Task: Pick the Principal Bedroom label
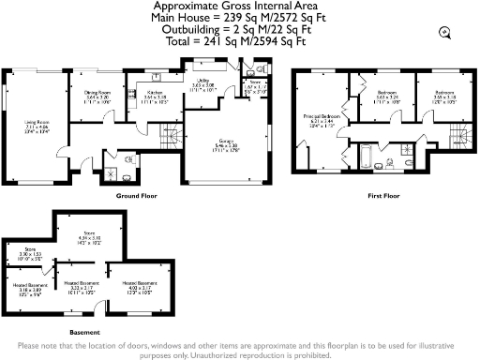tap(322, 118)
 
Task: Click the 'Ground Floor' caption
tap(136, 197)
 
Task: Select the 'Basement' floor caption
tap(85, 331)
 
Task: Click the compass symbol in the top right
tap(443, 33)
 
